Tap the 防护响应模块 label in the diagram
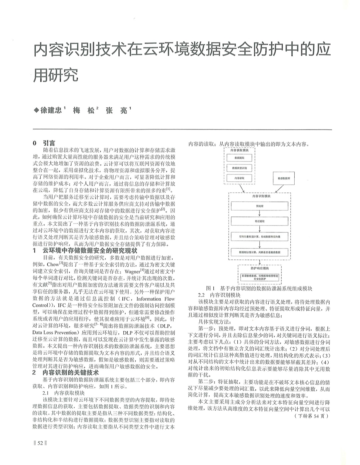coord(260,268)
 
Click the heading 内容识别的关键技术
coord(71,373)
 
